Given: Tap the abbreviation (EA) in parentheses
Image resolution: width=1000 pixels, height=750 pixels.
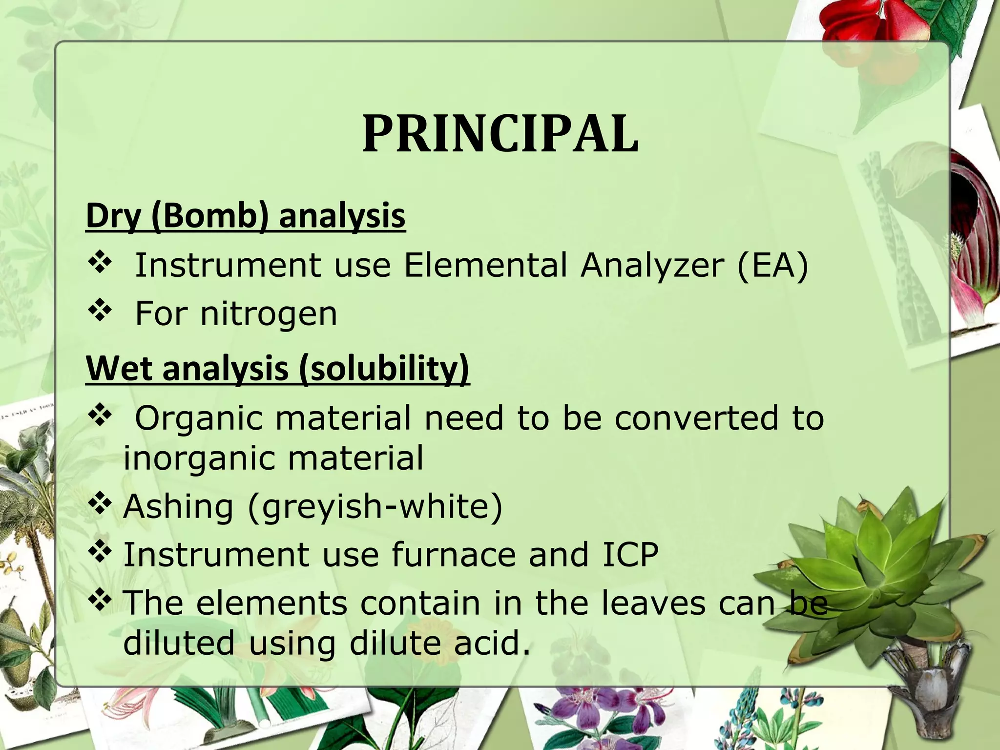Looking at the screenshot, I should [x=772, y=266].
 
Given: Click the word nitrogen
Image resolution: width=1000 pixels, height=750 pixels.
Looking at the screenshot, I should [x=269, y=313].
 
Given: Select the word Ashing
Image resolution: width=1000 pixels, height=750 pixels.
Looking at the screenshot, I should [x=178, y=506].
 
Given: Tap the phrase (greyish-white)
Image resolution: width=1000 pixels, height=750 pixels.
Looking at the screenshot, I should [x=375, y=506].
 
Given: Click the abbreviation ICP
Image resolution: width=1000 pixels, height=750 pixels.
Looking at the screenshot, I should [x=630, y=555].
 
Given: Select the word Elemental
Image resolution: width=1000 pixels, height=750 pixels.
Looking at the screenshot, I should [x=486, y=266].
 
